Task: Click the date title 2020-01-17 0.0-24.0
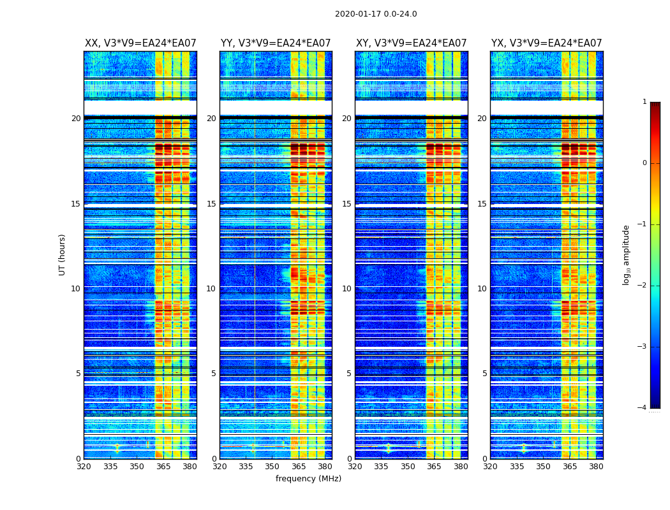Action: pos(376,14)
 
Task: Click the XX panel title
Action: pos(140,43)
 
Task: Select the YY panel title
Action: pos(276,43)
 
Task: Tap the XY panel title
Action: pos(411,43)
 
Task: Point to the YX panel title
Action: pos(546,43)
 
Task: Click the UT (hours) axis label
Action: pos(63,254)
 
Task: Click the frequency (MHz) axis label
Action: pos(308,479)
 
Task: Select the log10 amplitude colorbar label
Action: pos(627,254)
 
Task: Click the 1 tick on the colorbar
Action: pos(644,102)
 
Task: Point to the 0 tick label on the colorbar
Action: pos(644,163)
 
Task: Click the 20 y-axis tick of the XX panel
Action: pos(76,119)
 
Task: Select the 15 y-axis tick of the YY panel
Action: pos(211,204)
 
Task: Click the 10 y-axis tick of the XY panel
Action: pos(346,289)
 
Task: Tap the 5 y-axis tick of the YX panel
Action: pos(484,374)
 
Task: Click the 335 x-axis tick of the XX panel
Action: pos(110,467)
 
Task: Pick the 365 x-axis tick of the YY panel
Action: pos(299,467)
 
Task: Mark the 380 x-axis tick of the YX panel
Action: pos(596,467)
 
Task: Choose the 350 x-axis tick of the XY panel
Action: pos(408,467)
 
